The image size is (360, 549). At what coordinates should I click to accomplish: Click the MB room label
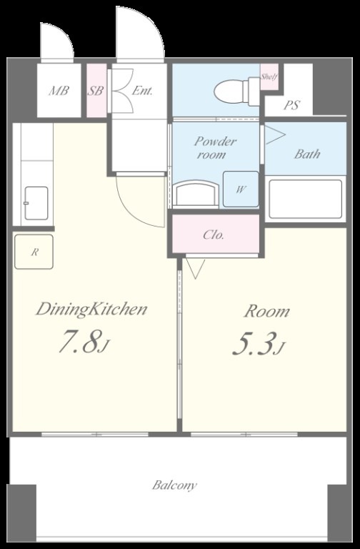point(59,91)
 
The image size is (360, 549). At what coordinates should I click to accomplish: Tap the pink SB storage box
point(96,91)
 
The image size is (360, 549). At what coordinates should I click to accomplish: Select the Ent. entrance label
point(142,91)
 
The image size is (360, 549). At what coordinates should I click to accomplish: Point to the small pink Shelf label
point(269,76)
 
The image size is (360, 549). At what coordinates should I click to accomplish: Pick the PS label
point(291,104)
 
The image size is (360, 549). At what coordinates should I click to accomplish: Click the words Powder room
point(215,148)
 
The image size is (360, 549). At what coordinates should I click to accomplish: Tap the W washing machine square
point(241,189)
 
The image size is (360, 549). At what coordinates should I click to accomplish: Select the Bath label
point(307,154)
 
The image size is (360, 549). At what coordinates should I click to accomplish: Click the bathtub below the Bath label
point(306,199)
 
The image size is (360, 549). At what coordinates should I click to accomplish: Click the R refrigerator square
point(34,252)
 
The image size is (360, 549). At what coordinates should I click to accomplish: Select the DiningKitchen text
point(91,310)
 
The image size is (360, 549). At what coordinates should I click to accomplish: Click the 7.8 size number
point(80,342)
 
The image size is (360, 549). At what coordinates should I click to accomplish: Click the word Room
point(267,312)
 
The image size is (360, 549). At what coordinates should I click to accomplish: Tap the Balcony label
point(174,485)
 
